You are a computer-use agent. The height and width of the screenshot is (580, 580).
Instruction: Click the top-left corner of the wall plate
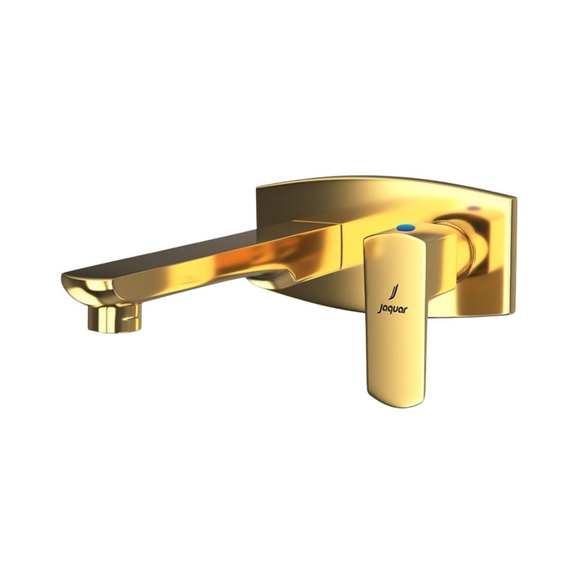click(x=257, y=187)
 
